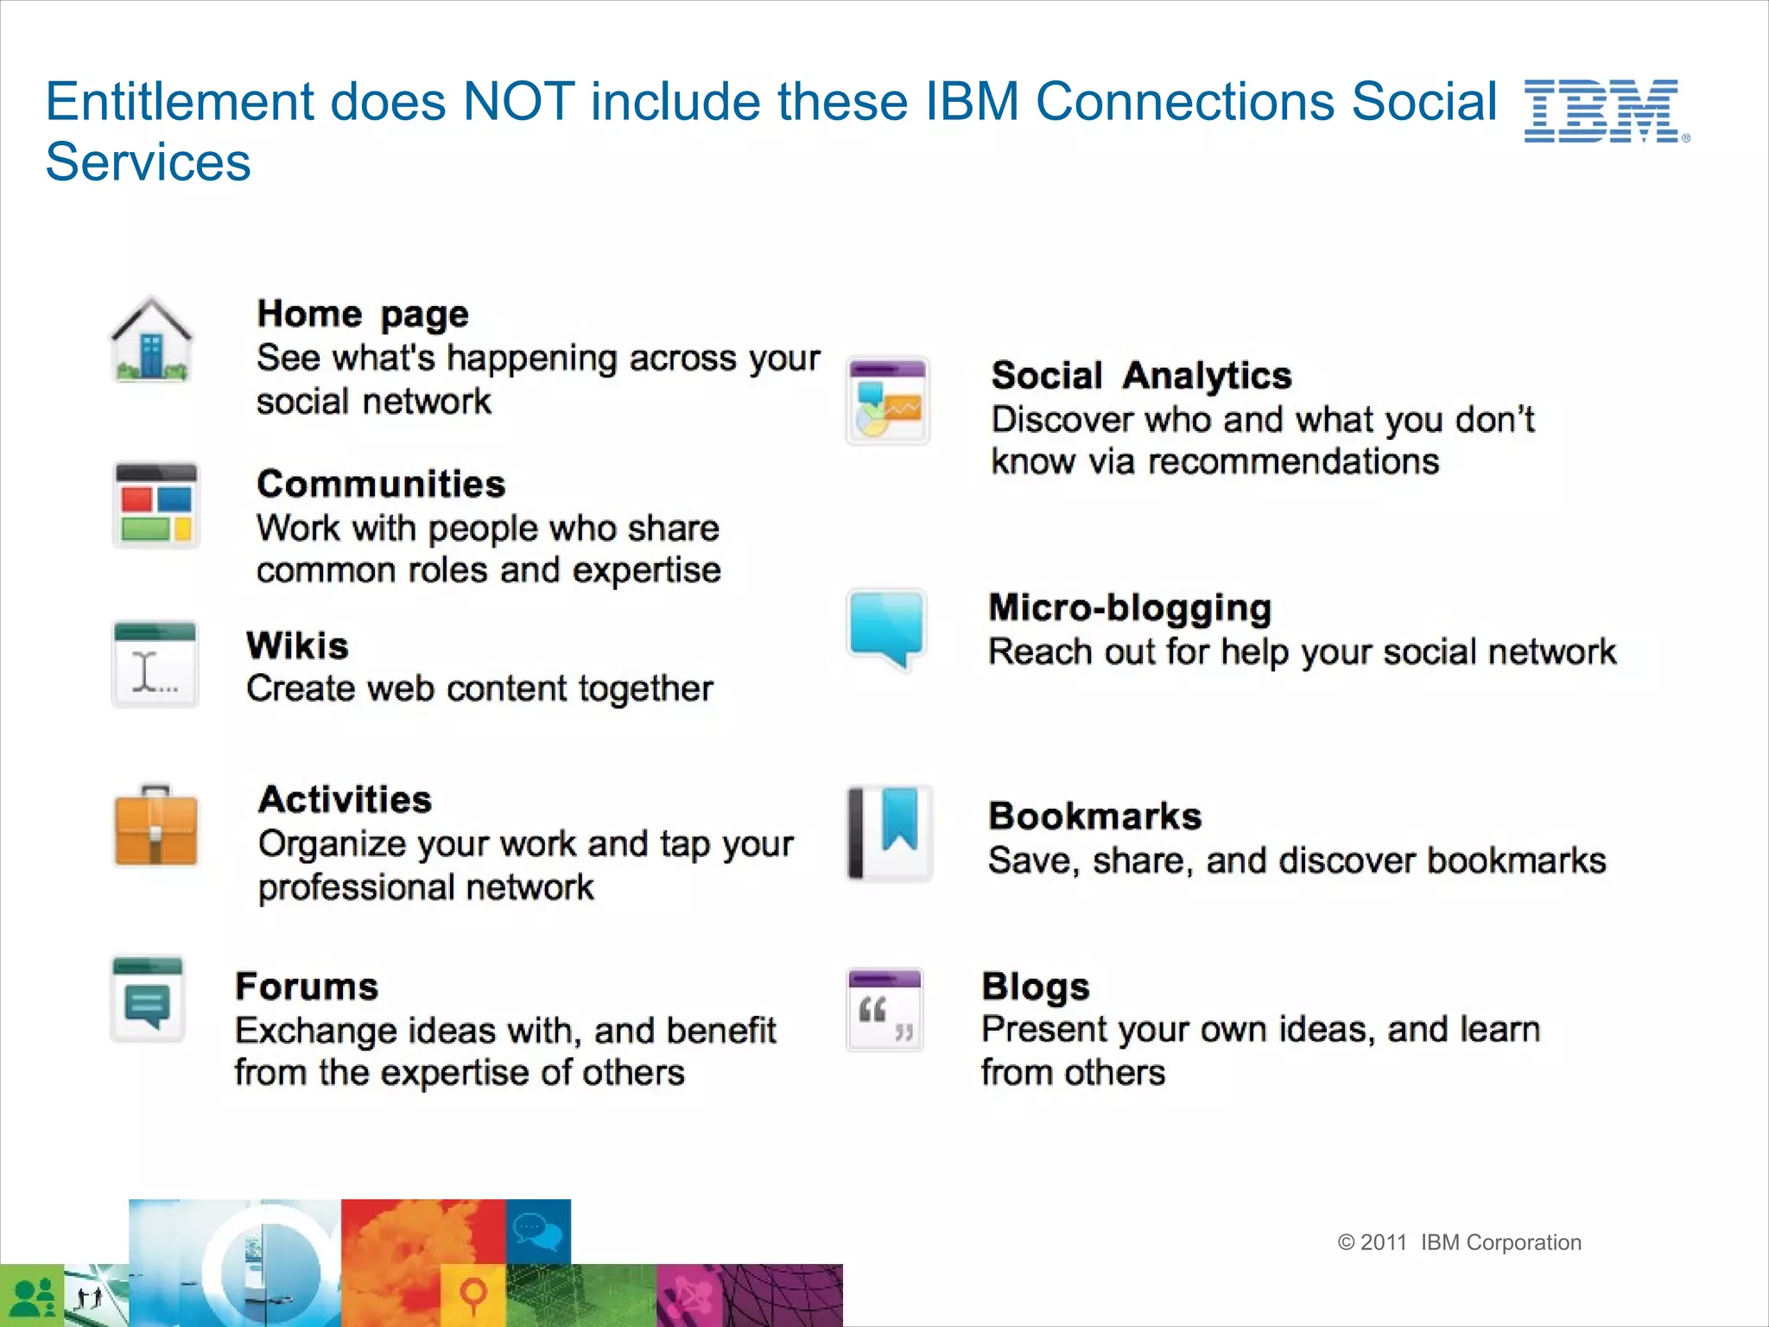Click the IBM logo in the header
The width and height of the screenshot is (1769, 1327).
[x=1603, y=111]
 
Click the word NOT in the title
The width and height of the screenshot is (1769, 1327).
[x=518, y=102]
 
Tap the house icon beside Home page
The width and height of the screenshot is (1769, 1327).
[x=151, y=340]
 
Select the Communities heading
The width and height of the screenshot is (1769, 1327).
[x=381, y=484]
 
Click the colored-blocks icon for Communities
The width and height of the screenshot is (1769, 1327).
[x=155, y=506]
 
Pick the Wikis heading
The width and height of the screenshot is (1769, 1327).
[x=297, y=645]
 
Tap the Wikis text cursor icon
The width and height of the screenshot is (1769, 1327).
[x=155, y=664]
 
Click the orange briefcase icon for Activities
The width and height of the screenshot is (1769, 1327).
[x=155, y=826]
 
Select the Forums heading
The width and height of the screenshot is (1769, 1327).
[x=307, y=987]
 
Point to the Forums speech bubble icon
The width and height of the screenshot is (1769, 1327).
[x=148, y=1000]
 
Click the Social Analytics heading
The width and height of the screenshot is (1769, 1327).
[x=1141, y=376]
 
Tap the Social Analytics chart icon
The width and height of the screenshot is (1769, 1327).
[x=887, y=401]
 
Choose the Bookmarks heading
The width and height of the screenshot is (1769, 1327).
[x=1094, y=816]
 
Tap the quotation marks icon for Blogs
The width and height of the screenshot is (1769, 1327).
[x=885, y=1010]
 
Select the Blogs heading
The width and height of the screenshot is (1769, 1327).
[x=1035, y=987]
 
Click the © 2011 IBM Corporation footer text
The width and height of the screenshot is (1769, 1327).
[x=1459, y=1242]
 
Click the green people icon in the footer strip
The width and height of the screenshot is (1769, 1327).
[x=32, y=1296]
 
